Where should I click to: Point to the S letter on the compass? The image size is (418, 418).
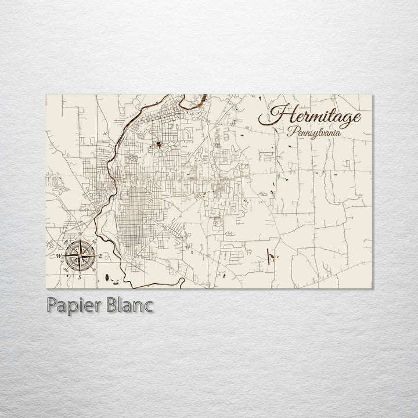pyautogui.click(x=80, y=277)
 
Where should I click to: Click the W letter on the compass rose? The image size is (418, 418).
pyautogui.click(x=58, y=256)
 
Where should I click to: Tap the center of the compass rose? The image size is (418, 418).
pyautogui.click(x=80, y=256)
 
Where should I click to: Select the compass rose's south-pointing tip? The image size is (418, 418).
pyautogui.click(x=80, y=272)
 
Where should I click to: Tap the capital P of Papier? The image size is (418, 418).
pyautogui.click(x=48, y=306)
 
